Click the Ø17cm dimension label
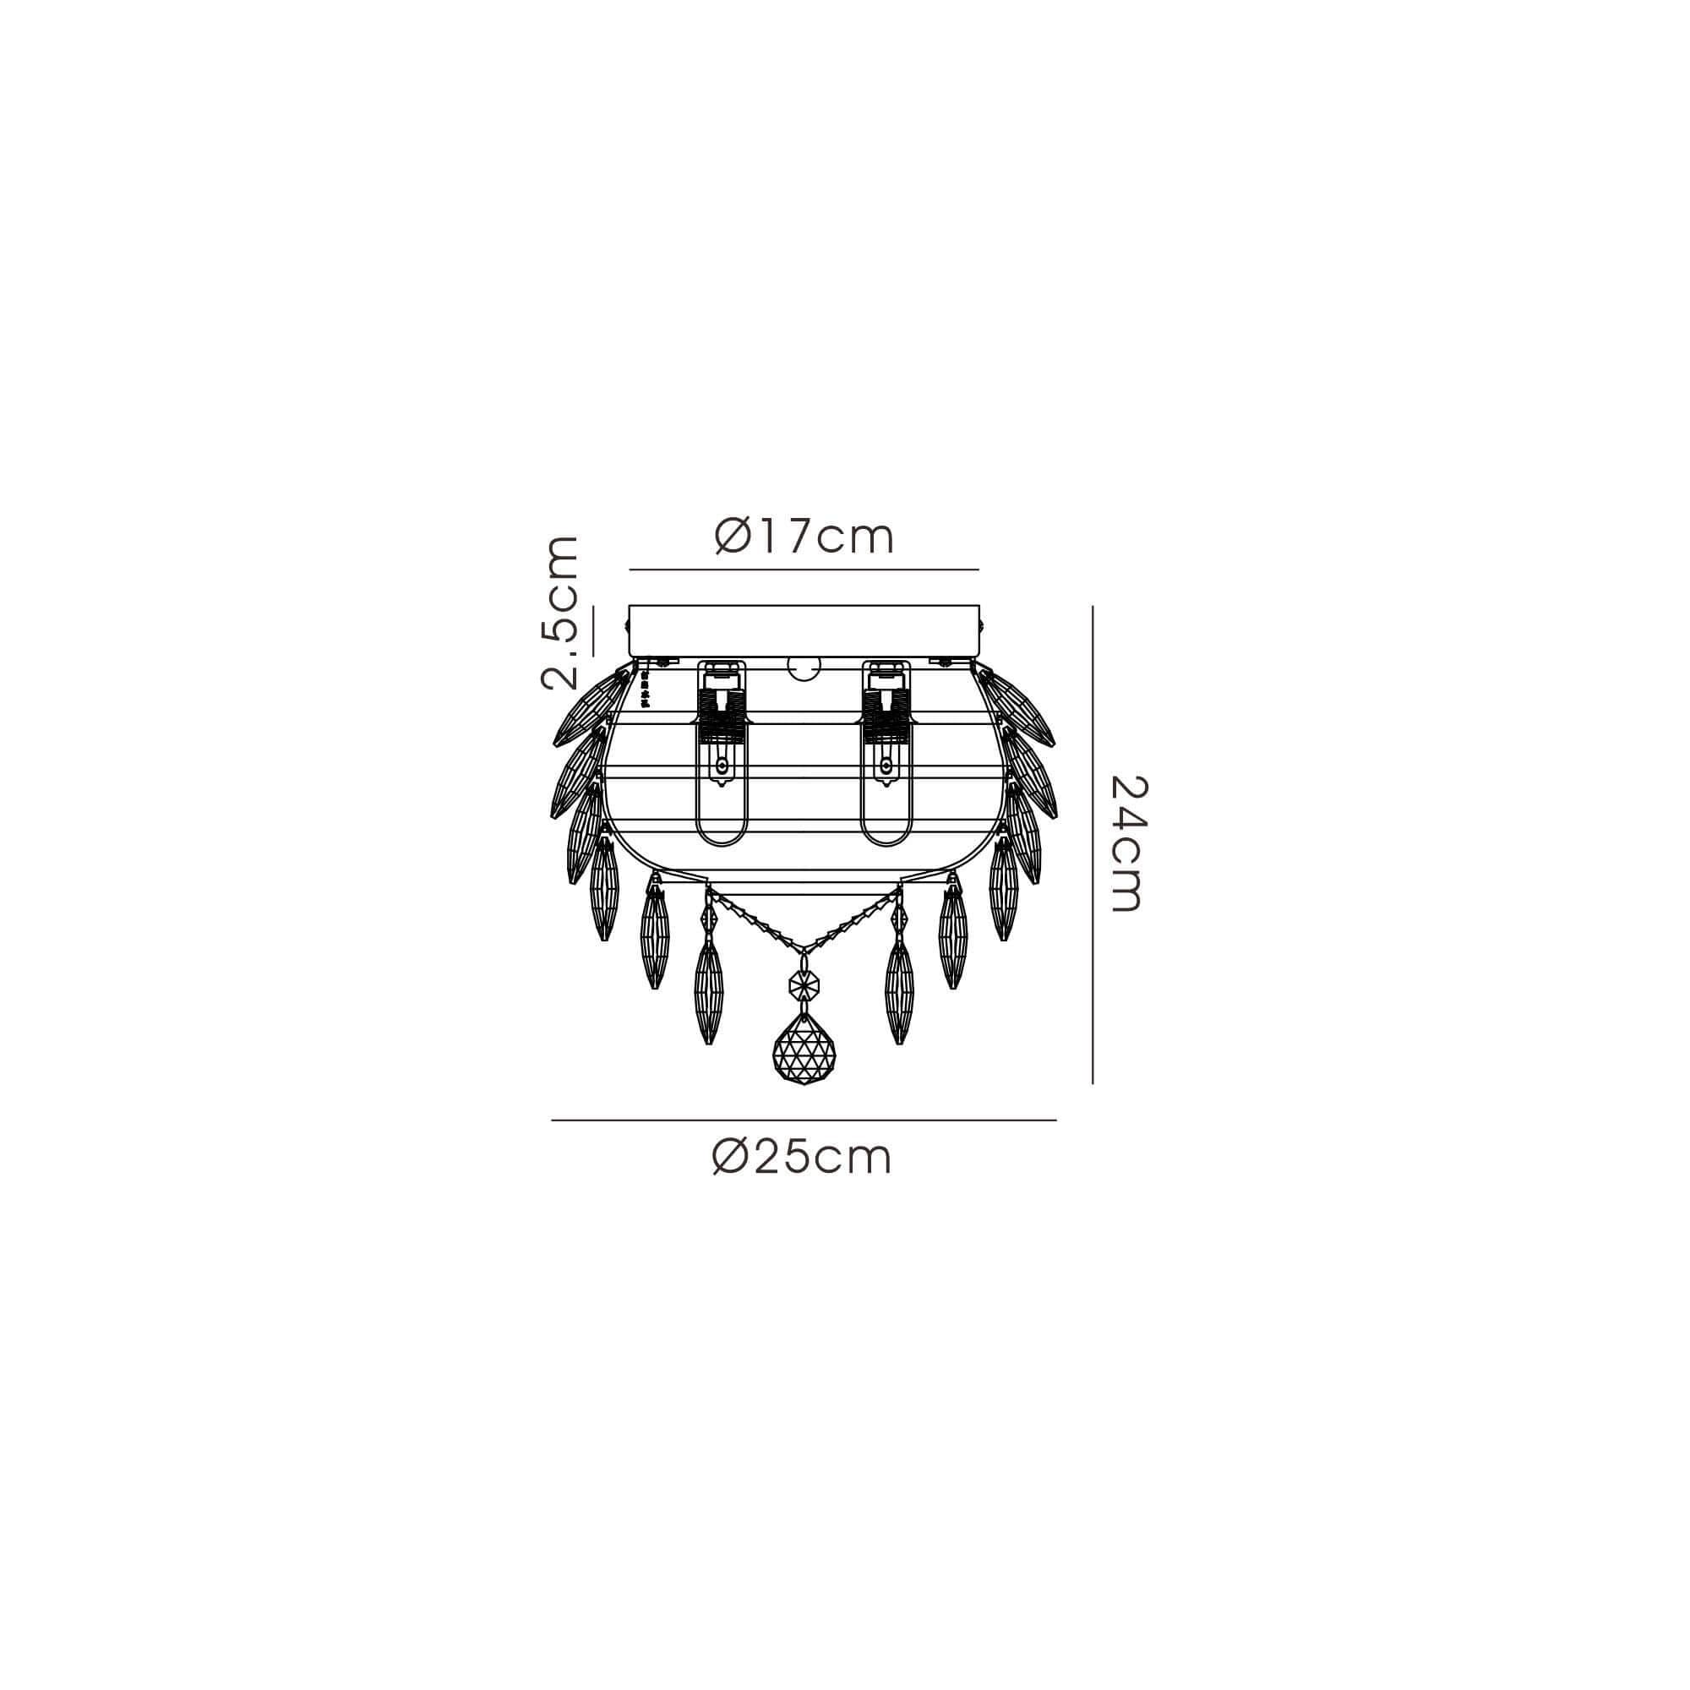[x=804, y=537]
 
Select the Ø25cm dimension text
[x=802, y=1158]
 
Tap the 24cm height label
[x=1126, y=843]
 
